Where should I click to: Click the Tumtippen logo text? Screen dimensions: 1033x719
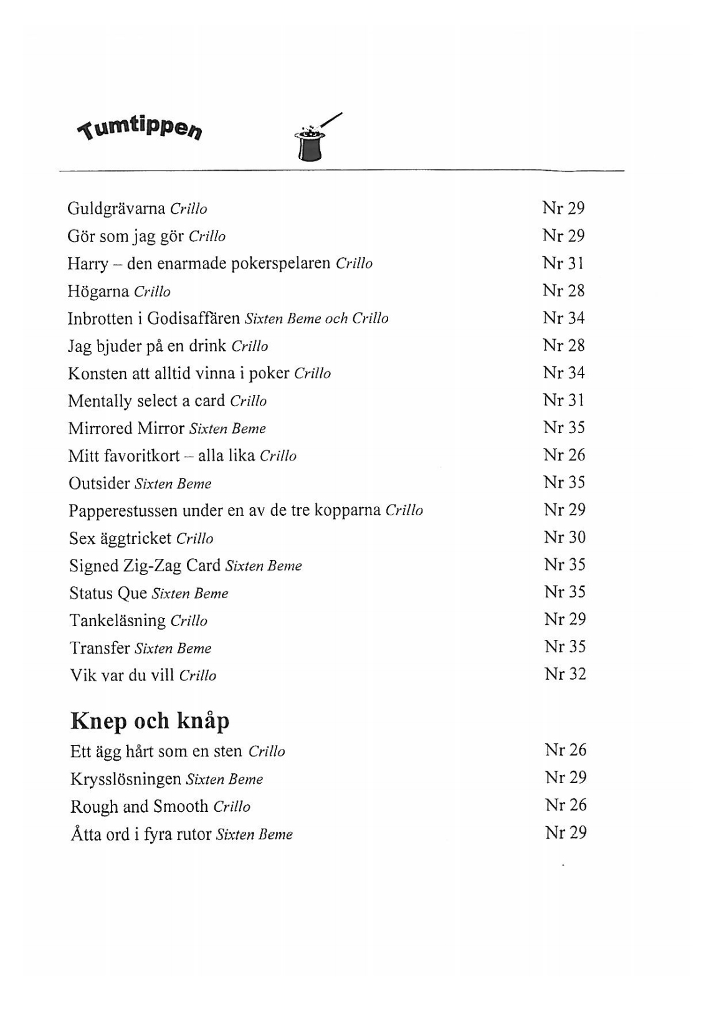coord(140,126)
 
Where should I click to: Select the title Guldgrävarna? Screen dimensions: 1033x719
coord(116,208)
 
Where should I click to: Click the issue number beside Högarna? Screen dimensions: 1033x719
coord(563,290)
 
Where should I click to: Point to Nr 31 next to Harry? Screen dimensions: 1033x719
coord(563,263)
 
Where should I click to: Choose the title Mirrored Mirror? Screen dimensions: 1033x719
coord(126,428)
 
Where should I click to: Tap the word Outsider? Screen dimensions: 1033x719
coord(99,483)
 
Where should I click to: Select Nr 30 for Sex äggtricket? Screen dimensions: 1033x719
coord(564,537)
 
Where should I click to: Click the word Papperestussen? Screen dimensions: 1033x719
coord(123,511)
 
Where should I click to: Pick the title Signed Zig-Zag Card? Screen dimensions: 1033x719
coord(145,565)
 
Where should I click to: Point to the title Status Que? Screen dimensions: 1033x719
coord(108,593)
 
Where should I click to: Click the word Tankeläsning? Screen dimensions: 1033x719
coord(117,621)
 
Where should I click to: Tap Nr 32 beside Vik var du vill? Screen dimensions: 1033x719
coord(565,674)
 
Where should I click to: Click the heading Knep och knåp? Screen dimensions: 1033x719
coord(150,721)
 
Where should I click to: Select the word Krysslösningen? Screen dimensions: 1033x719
coord(125,779)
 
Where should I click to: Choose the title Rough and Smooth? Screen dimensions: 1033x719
coord(139,806)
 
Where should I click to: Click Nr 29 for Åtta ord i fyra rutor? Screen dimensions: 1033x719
coord(566,833)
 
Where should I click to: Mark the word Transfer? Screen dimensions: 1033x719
coord(100,648)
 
